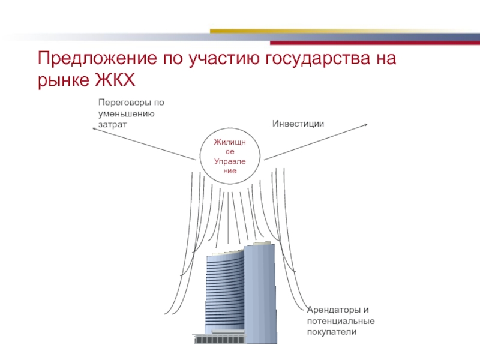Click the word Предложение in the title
(x=97, y=58)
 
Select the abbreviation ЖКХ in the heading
(x=115, y=80)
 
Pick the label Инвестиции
(x=298, y=124)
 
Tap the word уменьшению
(x=127, y=114)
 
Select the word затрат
(x=112, y=125)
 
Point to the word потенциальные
(x=341, y=321)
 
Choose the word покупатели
(x=332, y=332)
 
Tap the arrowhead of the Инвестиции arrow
(x=366, y=125)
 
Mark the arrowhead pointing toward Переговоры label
(x=94, y=129)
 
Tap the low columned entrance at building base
(x=218, y=338)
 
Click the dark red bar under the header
(x=375, y=43)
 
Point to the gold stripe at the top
(x=337, y=31)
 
